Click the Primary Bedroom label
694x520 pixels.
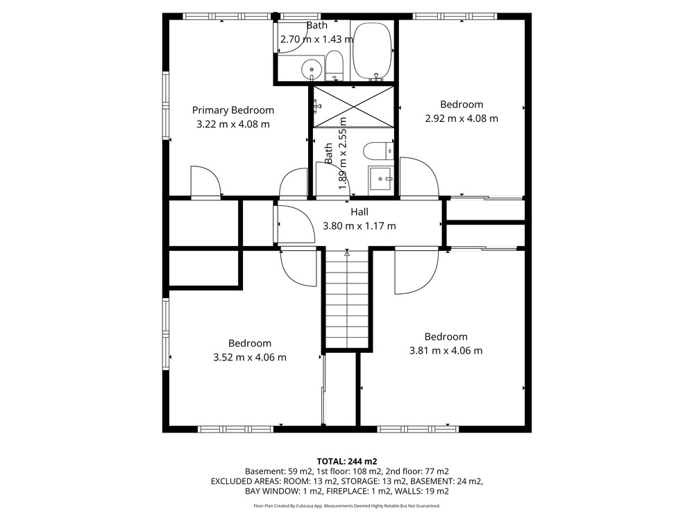232,110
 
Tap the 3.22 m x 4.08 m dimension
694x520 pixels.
232,124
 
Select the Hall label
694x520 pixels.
359,211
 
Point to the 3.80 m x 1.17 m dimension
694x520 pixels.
359,226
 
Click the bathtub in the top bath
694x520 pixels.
372,51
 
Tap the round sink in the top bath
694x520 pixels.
312,69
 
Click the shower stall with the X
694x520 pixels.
353,107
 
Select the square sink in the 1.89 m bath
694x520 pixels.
380,179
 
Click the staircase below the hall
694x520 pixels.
348,300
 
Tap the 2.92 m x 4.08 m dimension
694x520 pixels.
462,119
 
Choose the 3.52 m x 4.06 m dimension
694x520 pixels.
250,357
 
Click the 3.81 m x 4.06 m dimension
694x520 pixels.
446,351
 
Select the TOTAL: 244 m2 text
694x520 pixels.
347,462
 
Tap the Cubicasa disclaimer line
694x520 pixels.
347,505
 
